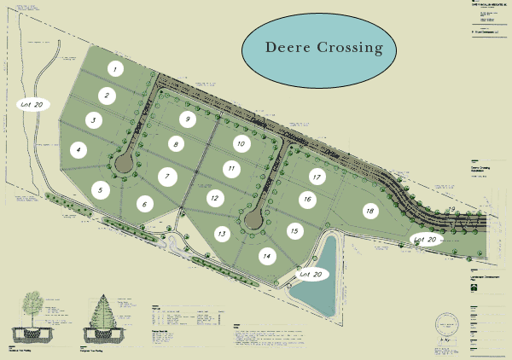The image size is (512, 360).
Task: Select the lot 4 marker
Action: [79, 150]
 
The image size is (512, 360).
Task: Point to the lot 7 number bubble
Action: [167, 177]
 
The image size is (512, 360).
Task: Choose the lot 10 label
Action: [241, 144]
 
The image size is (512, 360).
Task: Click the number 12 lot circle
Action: [215, 198]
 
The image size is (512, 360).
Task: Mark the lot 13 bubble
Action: [222, 233]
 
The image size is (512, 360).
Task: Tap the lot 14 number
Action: [267, 255]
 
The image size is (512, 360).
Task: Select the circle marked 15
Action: [294, 230]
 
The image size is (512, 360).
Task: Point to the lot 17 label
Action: [317, 177]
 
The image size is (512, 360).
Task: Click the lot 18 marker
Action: [369, 211]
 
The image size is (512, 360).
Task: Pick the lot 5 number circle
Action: [100, 190]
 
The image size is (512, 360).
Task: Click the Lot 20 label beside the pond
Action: [312, 275]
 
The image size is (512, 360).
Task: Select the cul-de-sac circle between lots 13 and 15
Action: [252, 221]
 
